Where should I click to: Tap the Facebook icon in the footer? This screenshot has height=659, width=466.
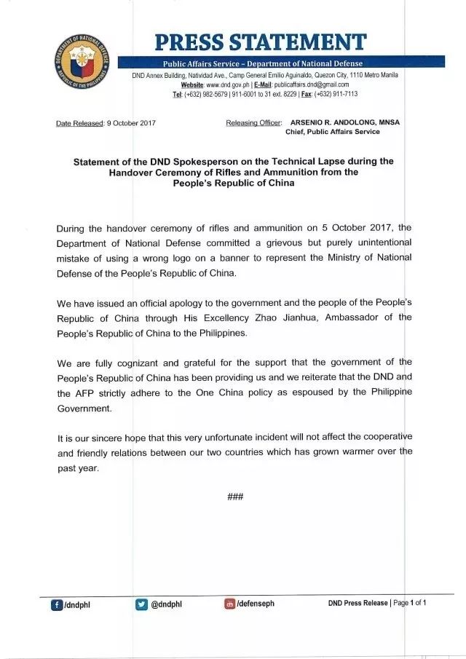[x=56, y=604]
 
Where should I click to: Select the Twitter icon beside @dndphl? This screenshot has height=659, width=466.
[x=142, y=604]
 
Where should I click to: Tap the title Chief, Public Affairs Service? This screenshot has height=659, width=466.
[x=332, y=132]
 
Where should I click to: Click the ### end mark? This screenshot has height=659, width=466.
[x=234, y=497]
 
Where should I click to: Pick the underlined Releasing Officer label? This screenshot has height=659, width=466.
[x=253, y=123]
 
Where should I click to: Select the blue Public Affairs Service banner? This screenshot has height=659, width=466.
[x=262, y=63]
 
